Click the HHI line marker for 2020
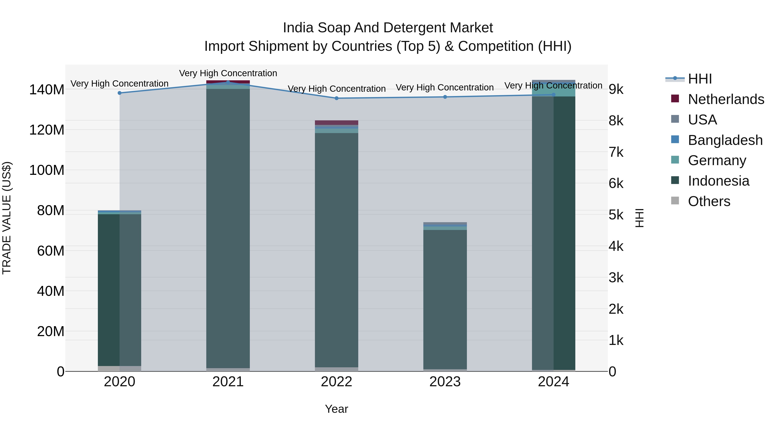[x=120, y=93]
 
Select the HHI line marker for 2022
[x=336, y=98]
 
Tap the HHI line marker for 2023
[x=445, y=97]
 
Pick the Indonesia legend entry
[x=718, y=181]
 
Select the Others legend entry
[x=709, y=201]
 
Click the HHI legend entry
[x=700, y=79]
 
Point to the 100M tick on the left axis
[x=47, y=170]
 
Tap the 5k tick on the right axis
[x=616, y=215]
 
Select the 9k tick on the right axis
[x=616, y=89]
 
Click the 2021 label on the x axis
[x=228, y=382]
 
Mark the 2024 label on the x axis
[x=553, y=382]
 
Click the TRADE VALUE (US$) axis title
[x=7, y=218]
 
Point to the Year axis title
[x=336, y=409]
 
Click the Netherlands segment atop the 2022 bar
[x=336, y=123]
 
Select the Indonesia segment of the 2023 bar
[x=445, y=299]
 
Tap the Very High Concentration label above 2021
[x=228, y=73]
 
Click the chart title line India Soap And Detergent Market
[x=388, y=28]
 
